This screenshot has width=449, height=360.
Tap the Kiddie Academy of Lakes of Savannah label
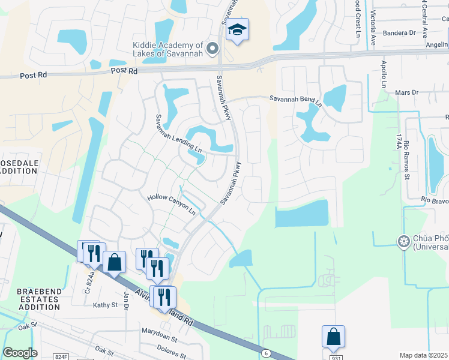[169, 49]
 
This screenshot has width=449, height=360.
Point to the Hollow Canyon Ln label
[172, 205]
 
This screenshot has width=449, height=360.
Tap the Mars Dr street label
[406, 93]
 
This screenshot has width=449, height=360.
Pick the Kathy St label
[105, 305]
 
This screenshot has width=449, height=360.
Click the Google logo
[20, 353]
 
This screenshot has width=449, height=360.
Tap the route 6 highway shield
[265, 354]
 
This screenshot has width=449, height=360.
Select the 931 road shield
[336, 358]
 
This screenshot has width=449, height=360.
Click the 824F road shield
[61, 356]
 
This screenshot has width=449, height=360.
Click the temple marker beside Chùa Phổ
[402, 241]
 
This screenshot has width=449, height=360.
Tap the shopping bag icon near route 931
[333, 338]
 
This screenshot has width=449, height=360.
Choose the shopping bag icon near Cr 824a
[114, 263]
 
